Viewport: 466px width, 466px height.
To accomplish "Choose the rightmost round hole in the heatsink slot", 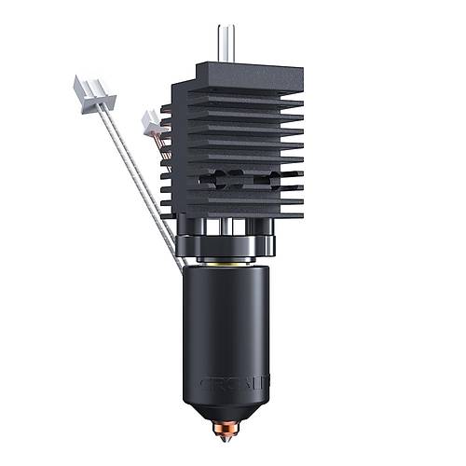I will point(289,177).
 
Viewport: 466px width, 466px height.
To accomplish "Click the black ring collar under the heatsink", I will point(228,247).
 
